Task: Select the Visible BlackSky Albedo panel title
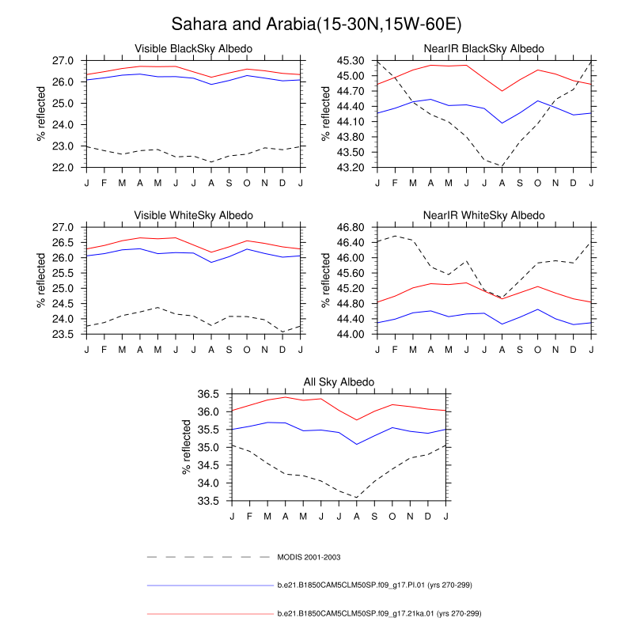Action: point(193,49)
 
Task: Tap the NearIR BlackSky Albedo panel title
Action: point(484,49)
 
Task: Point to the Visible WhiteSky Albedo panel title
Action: point(193,215)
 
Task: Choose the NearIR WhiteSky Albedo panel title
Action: point(484,215)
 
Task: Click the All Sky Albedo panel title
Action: point(339,382)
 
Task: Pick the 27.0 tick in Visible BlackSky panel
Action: point(64,60)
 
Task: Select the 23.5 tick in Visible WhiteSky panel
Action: point(64,334)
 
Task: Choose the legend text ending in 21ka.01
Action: point(379,613)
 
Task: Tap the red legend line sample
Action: point(210,613)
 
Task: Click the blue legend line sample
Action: point(210,586)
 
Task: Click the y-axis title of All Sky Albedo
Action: point(188,447)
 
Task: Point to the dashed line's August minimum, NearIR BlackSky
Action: point(502,165)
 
